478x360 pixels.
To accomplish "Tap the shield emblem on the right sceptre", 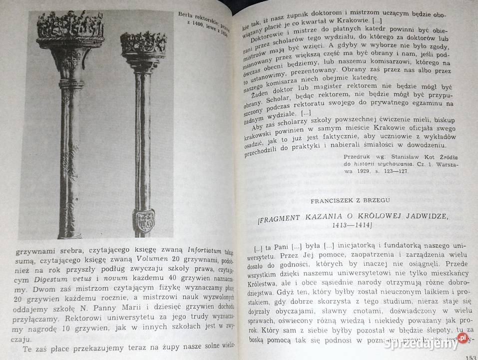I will [x=145, y=221].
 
